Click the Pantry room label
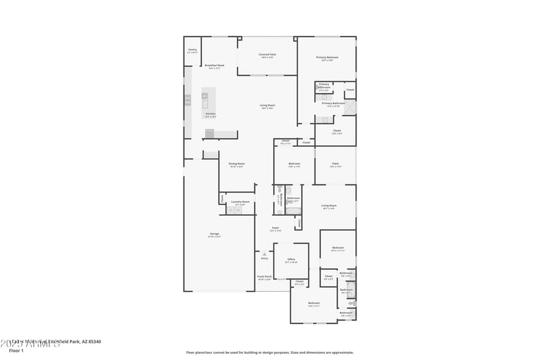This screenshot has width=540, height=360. click(192, 50)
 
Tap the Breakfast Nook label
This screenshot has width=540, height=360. click(215, 66)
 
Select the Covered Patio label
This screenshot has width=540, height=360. click(267, 55)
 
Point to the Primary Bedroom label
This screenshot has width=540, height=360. click(327, 58)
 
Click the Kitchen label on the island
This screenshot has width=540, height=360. click(211, 113)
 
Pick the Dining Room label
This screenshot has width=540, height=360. click(236, 164)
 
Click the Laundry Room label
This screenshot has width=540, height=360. click(240, 202)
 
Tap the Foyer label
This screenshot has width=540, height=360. click(275, 228)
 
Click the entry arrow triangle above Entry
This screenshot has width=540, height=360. click(264, 253)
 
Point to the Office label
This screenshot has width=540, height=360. click(291, 259)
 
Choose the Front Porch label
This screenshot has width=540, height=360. click(264, 277)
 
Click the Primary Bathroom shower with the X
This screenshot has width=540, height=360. click(349, 107)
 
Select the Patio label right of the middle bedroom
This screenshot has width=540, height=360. click(335, 164)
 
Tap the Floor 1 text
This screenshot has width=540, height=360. click(16, 351)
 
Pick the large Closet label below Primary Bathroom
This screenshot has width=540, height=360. click(336, 131)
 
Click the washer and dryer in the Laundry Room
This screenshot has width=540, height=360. click(234, 210)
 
